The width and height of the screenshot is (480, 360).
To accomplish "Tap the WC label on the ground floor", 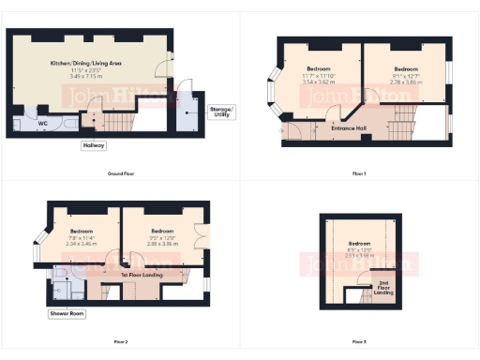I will (43, 122).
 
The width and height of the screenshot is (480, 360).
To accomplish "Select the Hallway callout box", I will (94, 145).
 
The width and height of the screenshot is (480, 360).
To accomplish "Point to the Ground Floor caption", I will (119, 174).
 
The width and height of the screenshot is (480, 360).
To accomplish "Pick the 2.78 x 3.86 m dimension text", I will (406, 82).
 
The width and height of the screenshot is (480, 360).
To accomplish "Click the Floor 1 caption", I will (359, 174).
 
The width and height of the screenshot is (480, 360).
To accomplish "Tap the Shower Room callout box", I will (67, 313).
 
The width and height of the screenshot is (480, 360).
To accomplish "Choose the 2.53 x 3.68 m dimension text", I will (360, 254).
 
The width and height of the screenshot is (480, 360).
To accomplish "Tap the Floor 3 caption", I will (359, 340).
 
